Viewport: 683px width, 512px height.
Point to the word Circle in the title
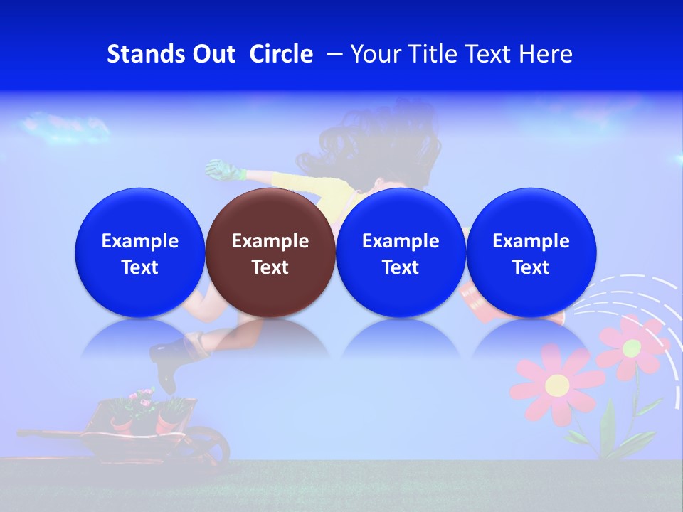point(281,54)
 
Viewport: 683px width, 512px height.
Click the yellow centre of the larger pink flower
point(557,385)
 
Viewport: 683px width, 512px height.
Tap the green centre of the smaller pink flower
point(632,348)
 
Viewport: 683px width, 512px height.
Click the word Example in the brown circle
point(270,241)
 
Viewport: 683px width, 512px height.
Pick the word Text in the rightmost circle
point(531,267)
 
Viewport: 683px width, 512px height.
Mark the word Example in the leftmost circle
point(139,241)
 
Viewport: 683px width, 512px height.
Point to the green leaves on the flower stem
point(608,427)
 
